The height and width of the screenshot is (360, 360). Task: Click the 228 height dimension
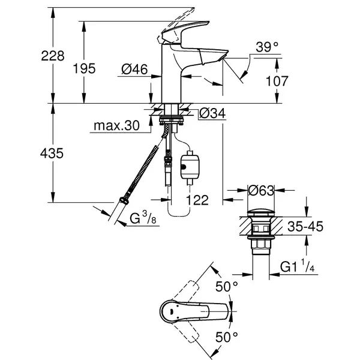pos(53,56)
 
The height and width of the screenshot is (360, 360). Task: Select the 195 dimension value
pos(84,68)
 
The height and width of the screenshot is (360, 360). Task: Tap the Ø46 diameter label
pos(134,69)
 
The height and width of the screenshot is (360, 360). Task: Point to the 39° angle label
pos(267,47)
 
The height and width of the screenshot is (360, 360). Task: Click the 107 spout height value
pos(277,81)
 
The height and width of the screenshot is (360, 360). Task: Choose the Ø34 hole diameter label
pos(212,113)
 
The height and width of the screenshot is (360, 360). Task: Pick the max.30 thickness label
pos(116,125)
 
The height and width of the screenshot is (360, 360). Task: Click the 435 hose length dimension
pos(52,153)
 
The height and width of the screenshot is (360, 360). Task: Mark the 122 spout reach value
pos(197,200)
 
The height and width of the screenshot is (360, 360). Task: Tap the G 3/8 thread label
pos(143,218)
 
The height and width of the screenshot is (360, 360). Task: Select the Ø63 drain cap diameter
pos(261,190)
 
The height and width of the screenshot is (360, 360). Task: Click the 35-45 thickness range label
pos(305,226)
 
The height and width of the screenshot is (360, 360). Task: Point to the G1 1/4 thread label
pos(297,266)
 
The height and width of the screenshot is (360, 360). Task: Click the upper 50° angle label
pos(227,286)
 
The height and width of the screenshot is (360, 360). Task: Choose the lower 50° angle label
pos(227,337)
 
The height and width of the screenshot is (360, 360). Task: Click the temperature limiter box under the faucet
pos(190,166)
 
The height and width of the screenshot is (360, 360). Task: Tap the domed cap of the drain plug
pos(261,212)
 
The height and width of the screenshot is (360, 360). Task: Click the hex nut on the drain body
pos(261,244)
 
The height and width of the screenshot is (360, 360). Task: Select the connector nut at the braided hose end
pos(124,200)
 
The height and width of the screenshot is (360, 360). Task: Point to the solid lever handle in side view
pos(184,32)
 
